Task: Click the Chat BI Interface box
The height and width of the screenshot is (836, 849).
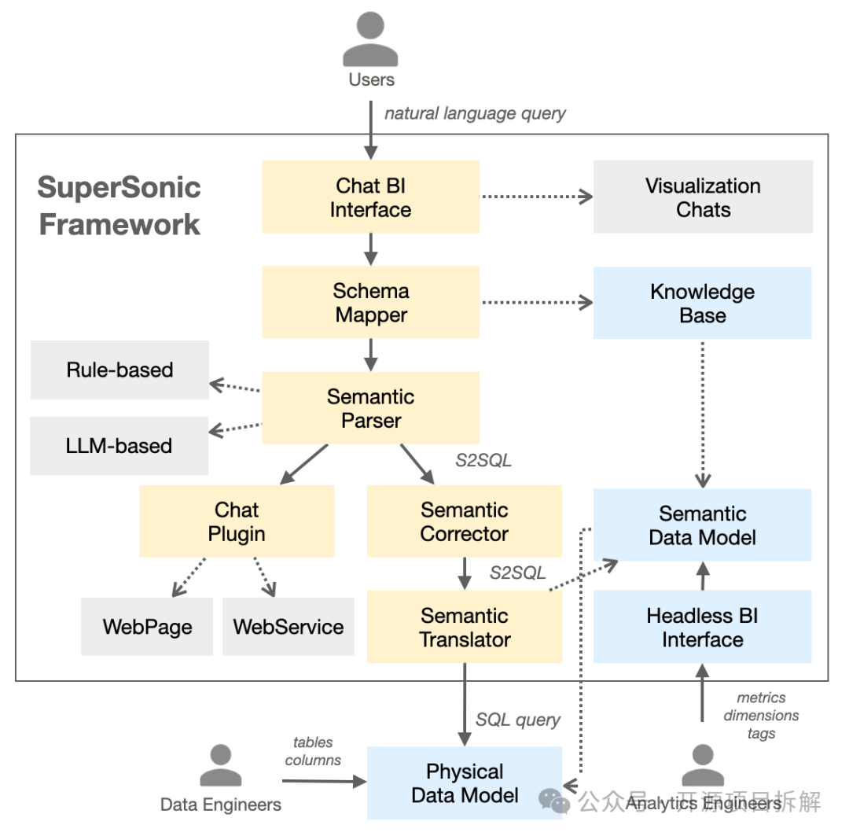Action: coord(370,197)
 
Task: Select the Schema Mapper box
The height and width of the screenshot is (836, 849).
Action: coord(370,303)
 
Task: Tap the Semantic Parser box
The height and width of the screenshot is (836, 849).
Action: coord(370,408)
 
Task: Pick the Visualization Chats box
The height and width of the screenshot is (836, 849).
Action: coord(703,197)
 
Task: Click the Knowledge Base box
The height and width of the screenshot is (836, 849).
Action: coord(702,303)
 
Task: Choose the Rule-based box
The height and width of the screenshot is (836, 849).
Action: coord(119,370)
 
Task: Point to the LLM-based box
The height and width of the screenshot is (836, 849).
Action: coord(119,446)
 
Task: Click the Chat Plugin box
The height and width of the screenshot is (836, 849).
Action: coord(237,521)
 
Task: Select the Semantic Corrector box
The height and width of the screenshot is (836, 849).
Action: coord(464,521)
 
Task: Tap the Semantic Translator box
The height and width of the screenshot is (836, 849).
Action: coord(464,627)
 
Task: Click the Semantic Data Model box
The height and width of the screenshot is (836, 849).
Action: coord(702,525)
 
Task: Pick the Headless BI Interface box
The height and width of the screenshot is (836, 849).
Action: coord(702,627)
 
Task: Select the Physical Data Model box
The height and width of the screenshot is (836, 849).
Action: coord(464,783)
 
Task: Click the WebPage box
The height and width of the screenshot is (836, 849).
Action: coord(147,627)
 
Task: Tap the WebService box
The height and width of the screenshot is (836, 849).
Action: coord(289,627)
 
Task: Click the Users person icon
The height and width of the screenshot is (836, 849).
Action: coord(371,40)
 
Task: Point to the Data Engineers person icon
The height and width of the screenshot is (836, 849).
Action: coord(221,766)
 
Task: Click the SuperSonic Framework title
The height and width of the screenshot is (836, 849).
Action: coord(119,206)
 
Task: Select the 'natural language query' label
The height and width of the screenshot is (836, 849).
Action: coord(475,113)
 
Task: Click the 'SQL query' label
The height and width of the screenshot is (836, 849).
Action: coord(518,720)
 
